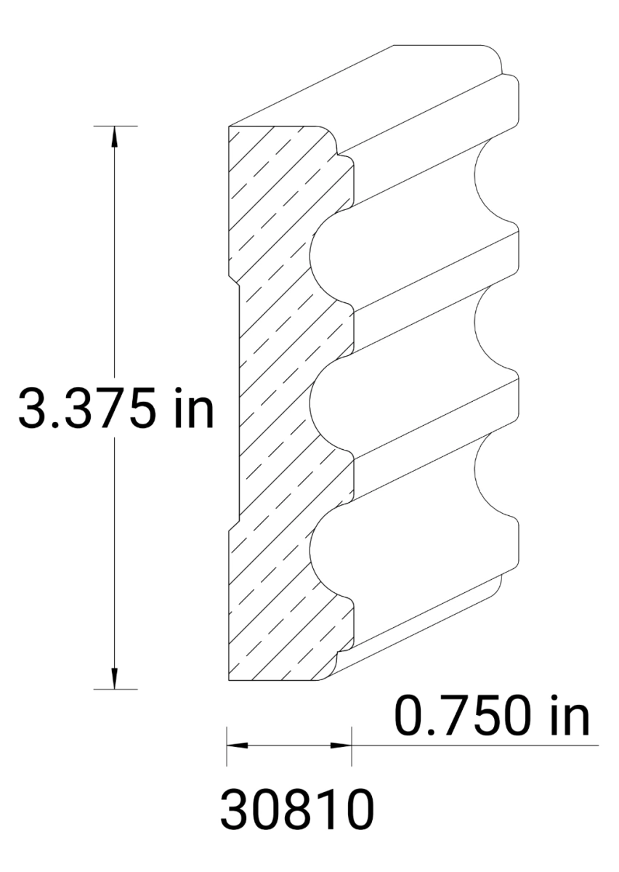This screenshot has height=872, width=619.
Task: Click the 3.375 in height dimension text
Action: (116, 409)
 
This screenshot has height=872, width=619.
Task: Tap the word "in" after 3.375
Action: (191, 409)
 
